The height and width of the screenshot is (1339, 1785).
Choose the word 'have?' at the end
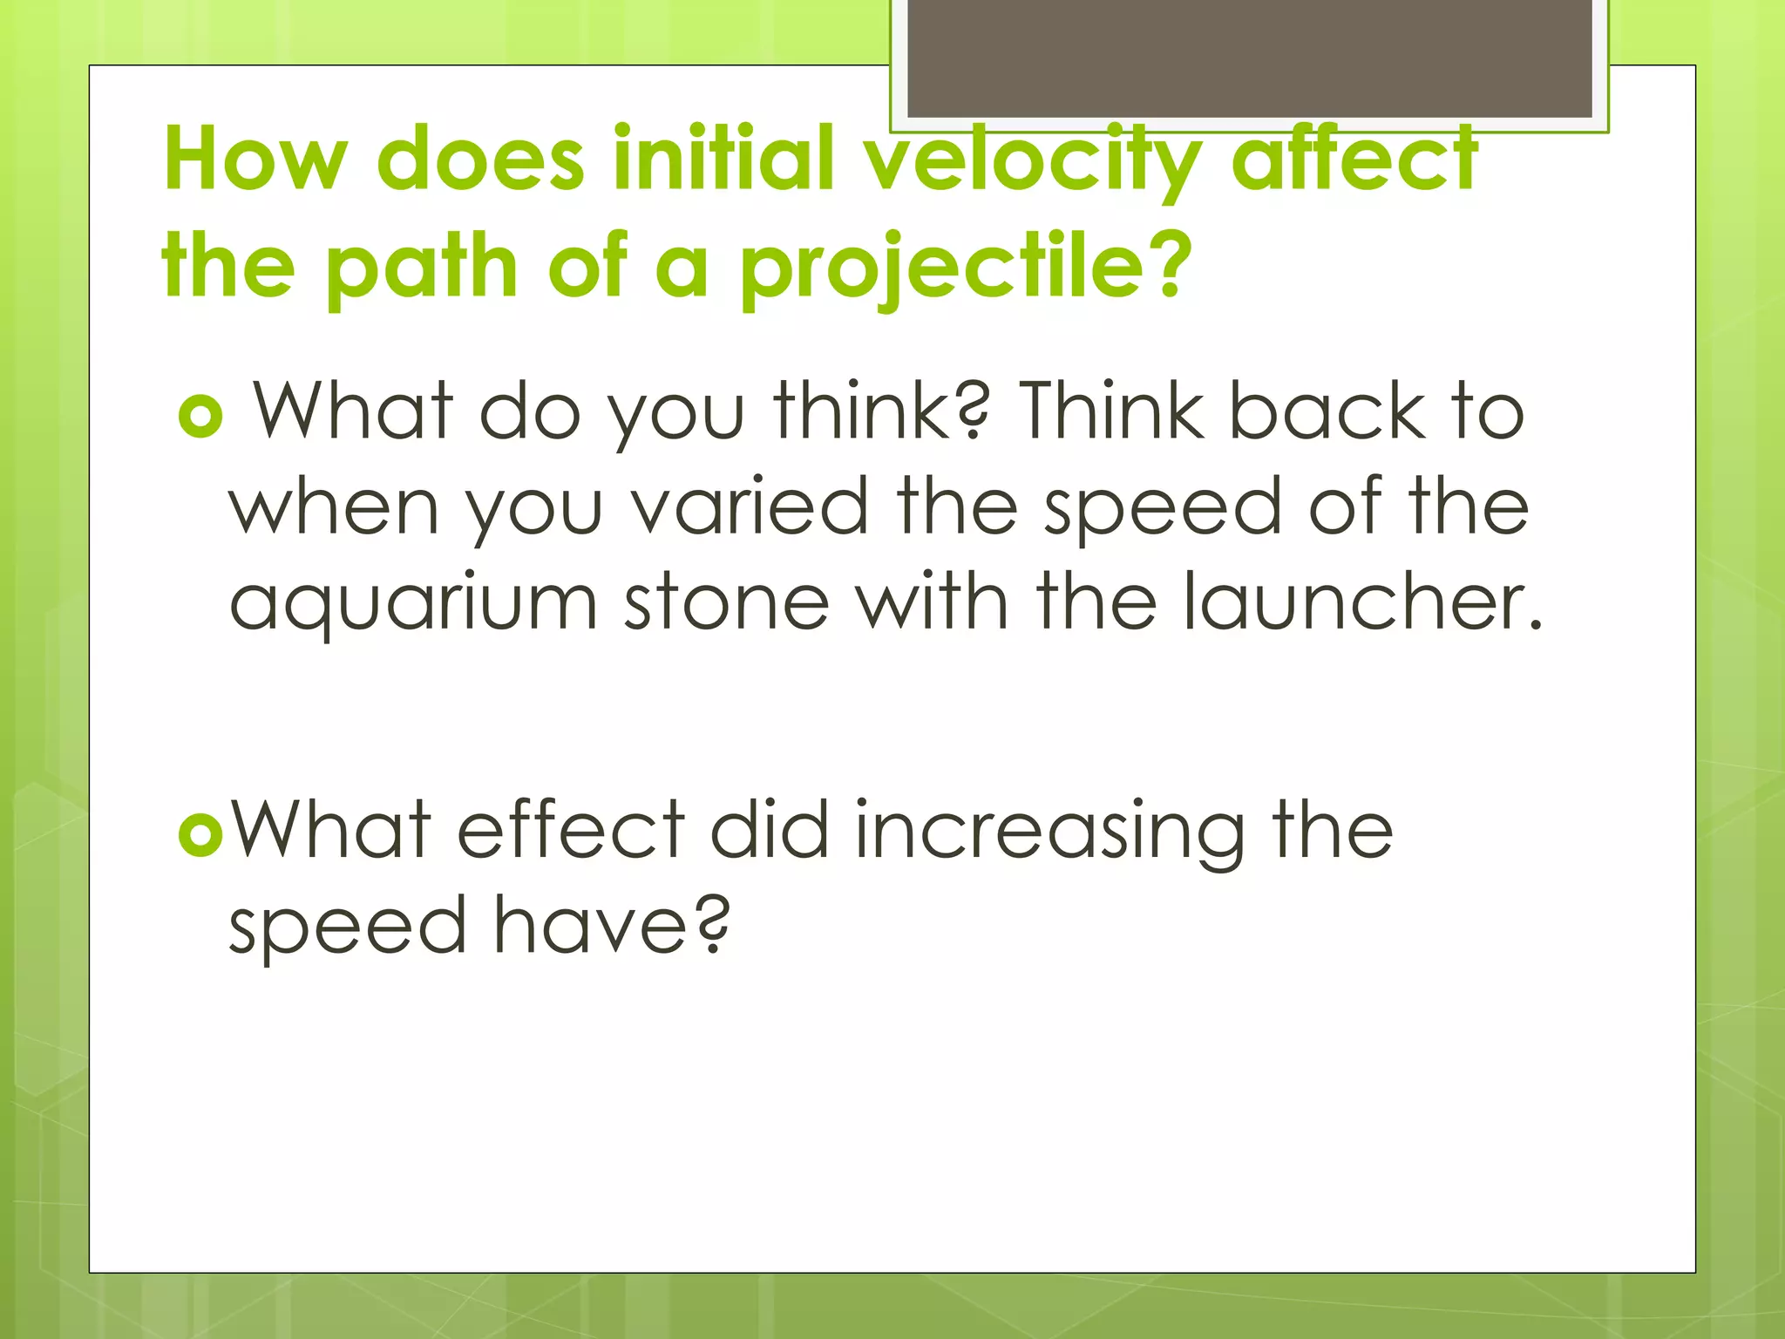611,926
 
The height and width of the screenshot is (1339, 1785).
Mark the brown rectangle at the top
1250,58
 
